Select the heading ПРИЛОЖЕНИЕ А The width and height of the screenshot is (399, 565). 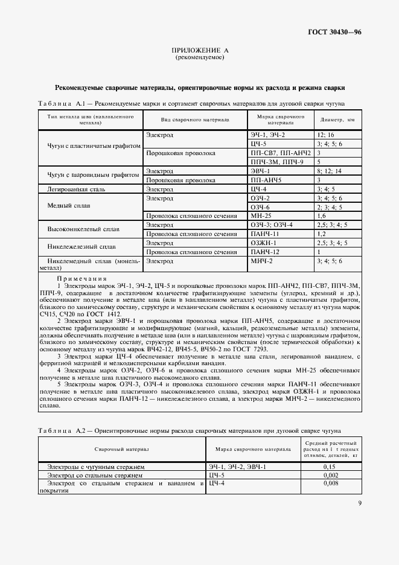(x=199, y=51)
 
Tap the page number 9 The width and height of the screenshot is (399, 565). (x=360, y=503)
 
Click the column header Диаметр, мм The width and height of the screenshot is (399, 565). (x=337, y=119)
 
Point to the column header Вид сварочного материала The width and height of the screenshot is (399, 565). (x=195, y=119)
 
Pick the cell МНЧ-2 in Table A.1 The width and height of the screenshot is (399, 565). (x=262, y=261)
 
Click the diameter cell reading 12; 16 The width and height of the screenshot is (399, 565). (x=325, y=135)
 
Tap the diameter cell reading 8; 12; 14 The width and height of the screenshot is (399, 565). (x=328, y=171)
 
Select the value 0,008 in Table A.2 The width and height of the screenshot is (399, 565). (x=330, y=484)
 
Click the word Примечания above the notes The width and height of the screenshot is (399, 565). (x=81, y=278)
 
